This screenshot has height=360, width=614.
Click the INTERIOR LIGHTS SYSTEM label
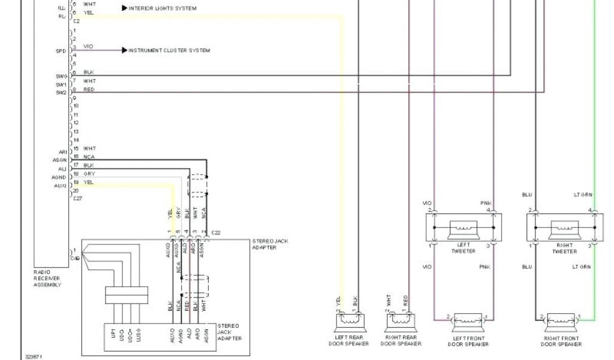[x=162, y=8]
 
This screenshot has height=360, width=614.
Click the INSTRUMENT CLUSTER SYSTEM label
[x=169, y=50]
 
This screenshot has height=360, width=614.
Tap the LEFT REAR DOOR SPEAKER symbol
[x=349, y=320]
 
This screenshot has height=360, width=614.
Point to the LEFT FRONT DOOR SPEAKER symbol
[x=468, y=320]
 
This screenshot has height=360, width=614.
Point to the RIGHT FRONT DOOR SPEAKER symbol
[x=562, y=320]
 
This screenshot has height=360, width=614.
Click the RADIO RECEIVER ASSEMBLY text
[x=47, y=278]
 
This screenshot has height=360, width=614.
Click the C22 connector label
[x=216, y=232]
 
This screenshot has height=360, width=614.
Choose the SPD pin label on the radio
[x=61, y=51]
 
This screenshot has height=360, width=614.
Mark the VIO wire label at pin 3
[x=88, y=47]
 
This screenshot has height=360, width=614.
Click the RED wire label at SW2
[x=89, y=89]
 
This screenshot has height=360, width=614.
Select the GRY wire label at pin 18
[x=89, y=173]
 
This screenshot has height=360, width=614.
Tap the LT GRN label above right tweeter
[x=582, y=194]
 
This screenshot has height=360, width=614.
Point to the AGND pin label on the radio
[x=59, y=178]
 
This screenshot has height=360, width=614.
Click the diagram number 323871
[x=33, y=356]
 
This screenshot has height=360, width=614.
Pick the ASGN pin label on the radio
[x=59, y=160]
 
